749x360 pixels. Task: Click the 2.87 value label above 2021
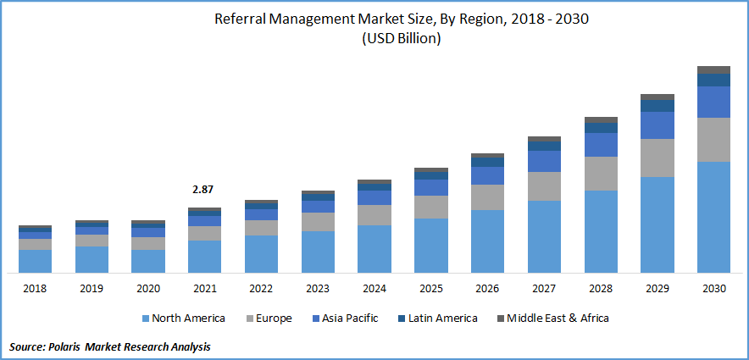pyautogui.click(x=204, y=190)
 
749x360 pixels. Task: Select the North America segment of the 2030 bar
pyautogui.click(x=713, y=217)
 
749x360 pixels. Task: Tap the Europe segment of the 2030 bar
pyautogui.click(x=713, y=140)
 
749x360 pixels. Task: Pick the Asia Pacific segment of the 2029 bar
pyautogui.click(x=657, y=125)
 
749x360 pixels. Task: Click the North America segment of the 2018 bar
pyautogui.click(x=35, y=261)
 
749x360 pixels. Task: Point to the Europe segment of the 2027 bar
pyautogui.click(x=544, y=186)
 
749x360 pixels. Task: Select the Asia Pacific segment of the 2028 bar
pyautogui.click(x=601, y=145)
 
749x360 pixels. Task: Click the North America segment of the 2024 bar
pyautogui.click(x=374, y=249)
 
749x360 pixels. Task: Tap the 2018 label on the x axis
pyautogui.click(x=35, y=289)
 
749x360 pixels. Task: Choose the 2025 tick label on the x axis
pyautogui.click(x=430, y=289)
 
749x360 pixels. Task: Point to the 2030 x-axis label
pyautogui.click(x=713, y=289)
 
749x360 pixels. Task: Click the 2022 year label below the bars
pyautogui.click(x=261, y=289)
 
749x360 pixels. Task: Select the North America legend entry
pyautogui.click(x=187, y=318)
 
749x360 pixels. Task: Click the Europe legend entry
pyautogui.click(x=273, y=318)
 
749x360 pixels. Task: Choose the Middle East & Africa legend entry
pyautogui.click(x=557, y=318)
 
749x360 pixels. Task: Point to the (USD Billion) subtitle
pyautogui.click(x=402, y=39)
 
